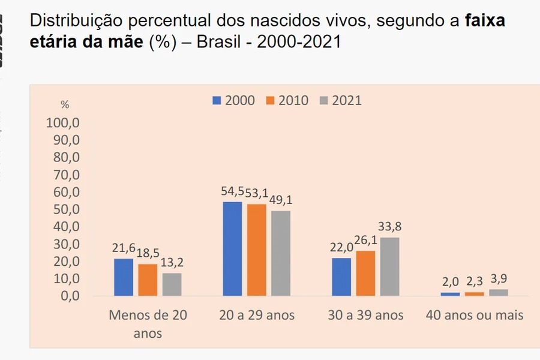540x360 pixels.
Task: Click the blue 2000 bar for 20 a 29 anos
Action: click(x=232, y=249)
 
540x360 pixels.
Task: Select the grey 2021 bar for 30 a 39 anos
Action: click(x=389, y=267)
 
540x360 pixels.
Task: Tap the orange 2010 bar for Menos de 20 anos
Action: click(x=148, y=280)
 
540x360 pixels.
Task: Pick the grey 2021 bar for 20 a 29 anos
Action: click(x=281, y=253)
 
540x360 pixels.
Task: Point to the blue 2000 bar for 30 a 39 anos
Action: click(x=341, y=277)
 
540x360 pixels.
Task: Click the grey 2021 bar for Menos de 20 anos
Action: click(x=172, y=284)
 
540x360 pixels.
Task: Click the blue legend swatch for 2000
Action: click(x=217, y=100)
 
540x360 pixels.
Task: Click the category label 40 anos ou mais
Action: click(x=475, y=314)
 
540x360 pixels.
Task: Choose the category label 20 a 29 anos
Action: click(x=256, y=314)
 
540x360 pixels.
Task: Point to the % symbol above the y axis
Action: click(x=65, y=104)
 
